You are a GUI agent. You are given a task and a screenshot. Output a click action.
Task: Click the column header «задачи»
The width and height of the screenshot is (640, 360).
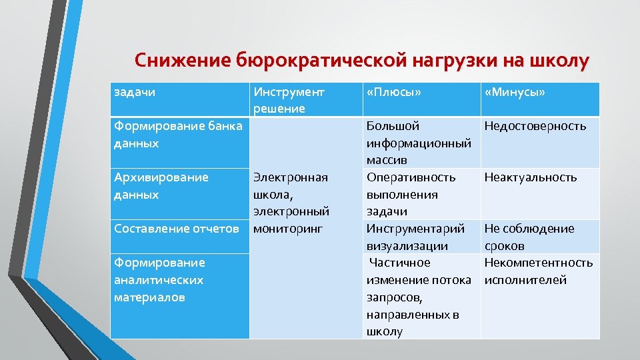(135, 92)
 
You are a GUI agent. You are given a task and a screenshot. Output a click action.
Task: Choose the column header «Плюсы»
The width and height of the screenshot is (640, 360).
(394, 92)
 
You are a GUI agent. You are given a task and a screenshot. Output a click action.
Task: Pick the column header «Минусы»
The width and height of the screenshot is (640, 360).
(515, 92)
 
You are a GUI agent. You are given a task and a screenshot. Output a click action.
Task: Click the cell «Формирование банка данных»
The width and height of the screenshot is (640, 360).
(177, 135)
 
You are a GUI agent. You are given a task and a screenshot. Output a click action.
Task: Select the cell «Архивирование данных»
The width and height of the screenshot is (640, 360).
(161, 186)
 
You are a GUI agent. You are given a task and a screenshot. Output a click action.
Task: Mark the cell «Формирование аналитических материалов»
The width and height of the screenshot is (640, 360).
(159, 280)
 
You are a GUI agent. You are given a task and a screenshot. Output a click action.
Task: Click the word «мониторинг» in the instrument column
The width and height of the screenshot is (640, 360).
(287, 229)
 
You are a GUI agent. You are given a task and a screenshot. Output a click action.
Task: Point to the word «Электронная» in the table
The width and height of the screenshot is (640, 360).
(290, 177)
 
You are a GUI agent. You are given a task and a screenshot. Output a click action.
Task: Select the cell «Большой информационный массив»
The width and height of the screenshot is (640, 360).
(419, 143)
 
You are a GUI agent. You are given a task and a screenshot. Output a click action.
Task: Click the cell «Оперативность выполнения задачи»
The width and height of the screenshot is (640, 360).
(411, 194)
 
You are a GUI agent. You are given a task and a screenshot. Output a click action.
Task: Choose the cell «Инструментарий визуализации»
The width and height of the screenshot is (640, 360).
(415, 237)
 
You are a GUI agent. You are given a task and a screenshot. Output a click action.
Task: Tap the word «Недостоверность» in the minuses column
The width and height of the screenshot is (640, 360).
(535, 126)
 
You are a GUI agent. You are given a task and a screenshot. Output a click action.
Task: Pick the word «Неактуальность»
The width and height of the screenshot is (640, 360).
(531, 177)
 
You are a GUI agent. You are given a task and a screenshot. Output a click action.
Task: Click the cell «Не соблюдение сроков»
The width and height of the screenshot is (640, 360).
(529, 237)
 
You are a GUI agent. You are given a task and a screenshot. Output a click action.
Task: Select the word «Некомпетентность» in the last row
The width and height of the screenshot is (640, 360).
(539, 263)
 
